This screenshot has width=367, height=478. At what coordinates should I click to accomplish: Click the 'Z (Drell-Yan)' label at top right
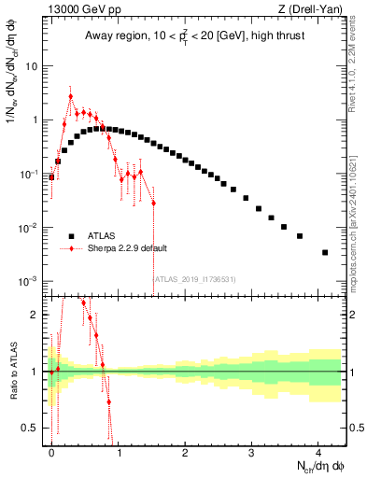[x=313, y=9]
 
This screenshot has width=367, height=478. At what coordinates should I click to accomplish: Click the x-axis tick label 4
[x=318, y=452]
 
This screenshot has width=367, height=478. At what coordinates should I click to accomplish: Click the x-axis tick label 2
[x=185, y=452]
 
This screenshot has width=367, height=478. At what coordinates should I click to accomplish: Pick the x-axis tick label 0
[x=51, y=452]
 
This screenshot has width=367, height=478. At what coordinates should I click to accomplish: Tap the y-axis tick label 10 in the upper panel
[x=31, y=66]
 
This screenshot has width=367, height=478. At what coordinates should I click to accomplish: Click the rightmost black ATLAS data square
[x=324, y=252]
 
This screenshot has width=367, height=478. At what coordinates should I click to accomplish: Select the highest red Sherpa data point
[x=71, y=96]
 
